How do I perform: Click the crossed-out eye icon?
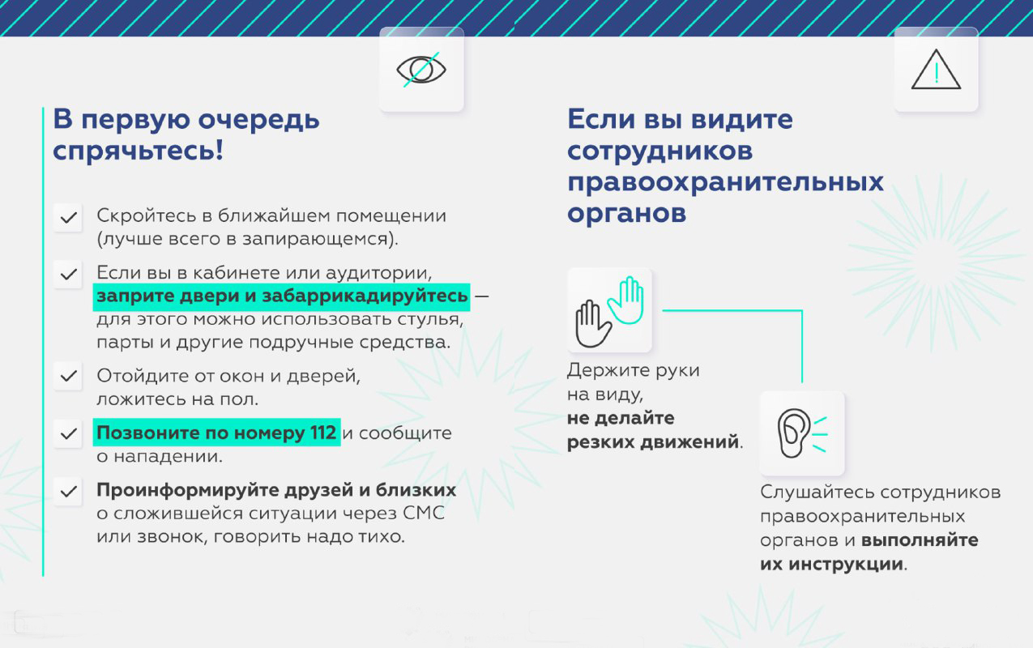tap(421, 70)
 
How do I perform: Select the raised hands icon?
tap(609, 310)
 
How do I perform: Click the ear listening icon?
tap(801, 433)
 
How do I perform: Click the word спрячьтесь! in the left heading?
tap(138, 151)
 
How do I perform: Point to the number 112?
tap(322, 433)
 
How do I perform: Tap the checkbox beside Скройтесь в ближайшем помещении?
tap(68, 218)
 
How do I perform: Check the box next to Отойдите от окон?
tap(68, 376)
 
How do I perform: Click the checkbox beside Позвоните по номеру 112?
tap(68, 433)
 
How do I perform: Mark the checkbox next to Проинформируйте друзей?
tap(68, 491)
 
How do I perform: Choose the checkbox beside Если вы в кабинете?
tap(68, 273)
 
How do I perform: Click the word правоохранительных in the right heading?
tap(725, 181)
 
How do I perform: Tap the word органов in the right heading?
tap(626, 212)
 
